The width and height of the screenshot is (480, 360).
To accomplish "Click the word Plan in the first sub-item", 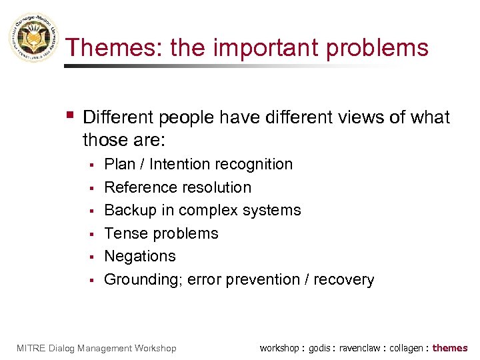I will click(120, 164).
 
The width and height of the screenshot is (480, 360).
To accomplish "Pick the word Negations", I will click(140, 256).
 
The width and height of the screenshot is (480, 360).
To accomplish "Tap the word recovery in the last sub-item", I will click(345, 279).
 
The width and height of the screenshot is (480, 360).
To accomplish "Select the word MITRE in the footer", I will click(29, 348).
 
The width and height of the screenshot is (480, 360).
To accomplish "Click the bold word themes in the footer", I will click(450, 348).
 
